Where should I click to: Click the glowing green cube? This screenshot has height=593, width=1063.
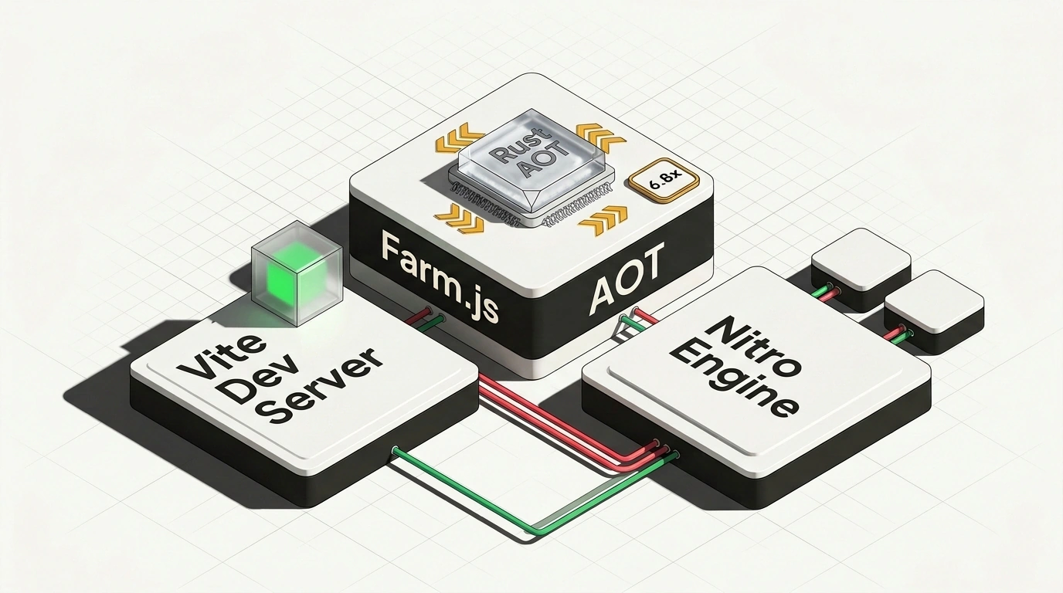[297, 274]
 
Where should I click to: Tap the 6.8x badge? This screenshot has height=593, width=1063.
[664, 181]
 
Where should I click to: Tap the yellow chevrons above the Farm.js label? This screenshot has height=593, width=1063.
[459, 219]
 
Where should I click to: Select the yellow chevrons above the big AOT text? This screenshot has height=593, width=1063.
[603, 220]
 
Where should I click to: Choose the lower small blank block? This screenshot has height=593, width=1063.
[933, 311]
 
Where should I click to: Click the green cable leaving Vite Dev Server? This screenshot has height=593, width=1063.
[534, 493]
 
